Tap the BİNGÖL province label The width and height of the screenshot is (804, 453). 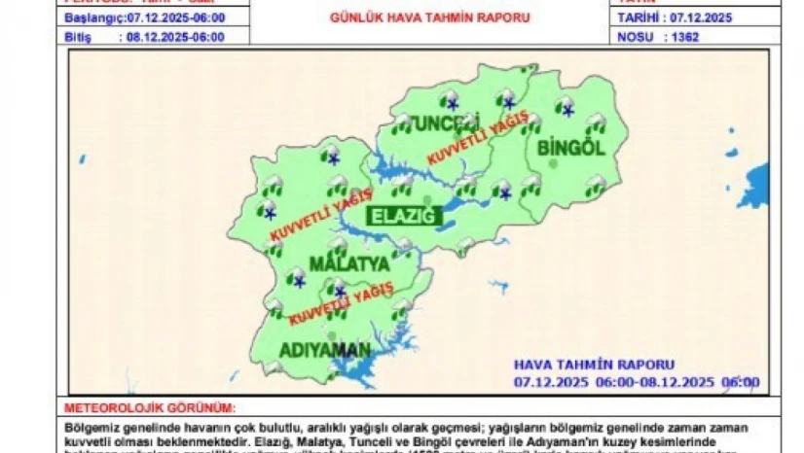[x=571, y=147]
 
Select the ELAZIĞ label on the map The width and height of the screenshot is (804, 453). [x=402, y=216]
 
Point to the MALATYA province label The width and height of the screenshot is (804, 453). [x=349, y=263]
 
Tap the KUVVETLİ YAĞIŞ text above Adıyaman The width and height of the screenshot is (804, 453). [x=341, y=304]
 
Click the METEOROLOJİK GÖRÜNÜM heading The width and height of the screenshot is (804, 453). [x=150, y=409]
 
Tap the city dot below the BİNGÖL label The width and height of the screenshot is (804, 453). [x=555, y=164]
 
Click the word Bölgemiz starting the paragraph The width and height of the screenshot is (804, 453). [x=89, y=427]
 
